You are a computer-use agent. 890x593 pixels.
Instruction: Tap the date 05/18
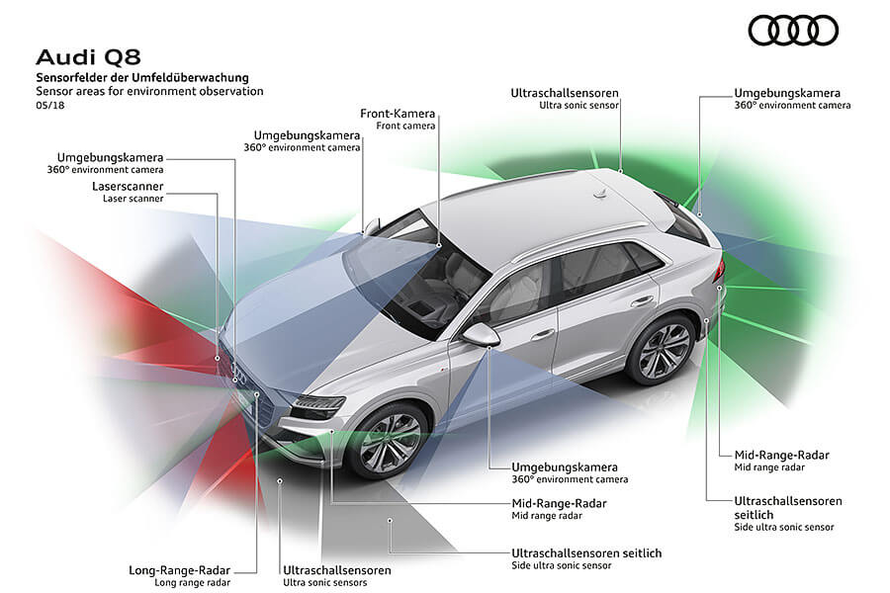point(48,105)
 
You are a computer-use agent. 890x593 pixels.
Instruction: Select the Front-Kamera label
point(399,114)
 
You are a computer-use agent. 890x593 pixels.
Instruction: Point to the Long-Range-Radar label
point(180,569)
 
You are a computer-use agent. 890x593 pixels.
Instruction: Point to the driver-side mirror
point(483,333)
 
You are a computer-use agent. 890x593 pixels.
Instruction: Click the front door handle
point(542,334)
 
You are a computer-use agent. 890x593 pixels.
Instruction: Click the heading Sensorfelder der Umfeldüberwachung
point(142,77)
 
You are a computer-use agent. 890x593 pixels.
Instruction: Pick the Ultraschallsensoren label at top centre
point(566,93)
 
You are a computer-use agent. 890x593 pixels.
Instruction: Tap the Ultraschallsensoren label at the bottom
point(336,569)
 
